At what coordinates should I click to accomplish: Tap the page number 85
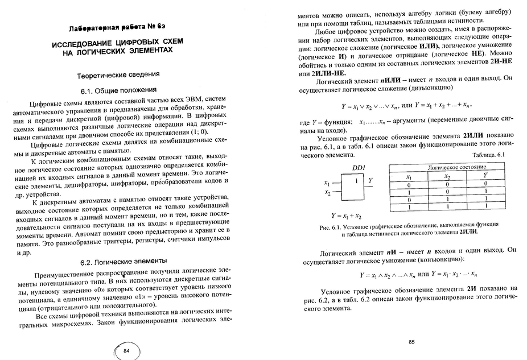pos(413,342)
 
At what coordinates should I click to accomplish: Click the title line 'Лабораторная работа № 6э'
pos(117,28)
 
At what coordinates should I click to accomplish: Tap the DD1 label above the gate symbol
pos(359,168)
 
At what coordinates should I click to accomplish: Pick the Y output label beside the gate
pos(370,180)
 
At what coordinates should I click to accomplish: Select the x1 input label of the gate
pos(327,183)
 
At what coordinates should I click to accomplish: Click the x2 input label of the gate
pos(327,193)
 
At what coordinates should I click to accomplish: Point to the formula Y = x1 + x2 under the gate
pos(347,216)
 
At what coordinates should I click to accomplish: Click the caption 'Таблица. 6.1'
pos(485,155)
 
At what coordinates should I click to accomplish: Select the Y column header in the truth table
pos(485,176)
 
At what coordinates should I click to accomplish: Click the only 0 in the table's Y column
pos(485,184)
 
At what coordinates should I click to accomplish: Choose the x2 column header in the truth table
pos(447,176)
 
